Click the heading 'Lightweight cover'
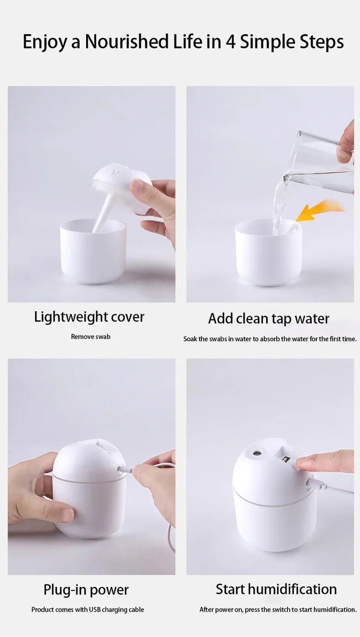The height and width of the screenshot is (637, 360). click(x=89, y=317)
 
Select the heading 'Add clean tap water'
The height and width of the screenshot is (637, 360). click(x=269, y=318)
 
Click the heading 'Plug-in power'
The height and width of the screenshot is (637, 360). click(x=86, y=590)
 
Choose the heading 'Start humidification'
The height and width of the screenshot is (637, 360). click(x=276, y=589)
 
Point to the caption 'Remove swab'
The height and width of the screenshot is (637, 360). click(x=90, y=336)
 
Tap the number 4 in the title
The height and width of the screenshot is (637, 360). click(x=231, y=42)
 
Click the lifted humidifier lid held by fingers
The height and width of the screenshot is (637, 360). click(x=119, y=187)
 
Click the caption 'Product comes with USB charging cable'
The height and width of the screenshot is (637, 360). click(x=88, y=610)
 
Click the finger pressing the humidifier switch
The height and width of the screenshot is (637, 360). click(x=321, y=461)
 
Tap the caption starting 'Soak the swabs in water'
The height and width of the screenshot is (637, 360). click(x=270, y=339)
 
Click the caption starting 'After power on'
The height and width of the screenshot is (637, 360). click(x=278, y=610)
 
